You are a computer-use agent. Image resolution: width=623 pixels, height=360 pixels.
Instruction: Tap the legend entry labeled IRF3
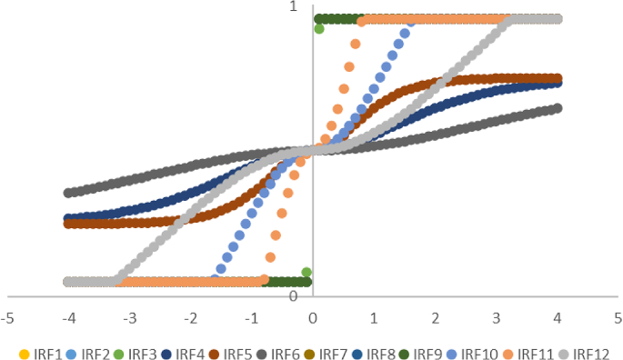[x=137, y=354]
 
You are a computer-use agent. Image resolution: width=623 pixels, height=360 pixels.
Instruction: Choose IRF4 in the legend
[x=185, y=354]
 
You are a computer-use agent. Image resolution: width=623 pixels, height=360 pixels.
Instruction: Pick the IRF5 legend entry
[x=232, y=354]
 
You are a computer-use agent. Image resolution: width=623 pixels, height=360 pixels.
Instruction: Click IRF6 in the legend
[x=279, y=354]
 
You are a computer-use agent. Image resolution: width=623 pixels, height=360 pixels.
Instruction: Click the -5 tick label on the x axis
[x=7, y=319]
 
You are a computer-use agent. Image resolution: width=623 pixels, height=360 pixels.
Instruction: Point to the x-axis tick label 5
[x=618, y=319]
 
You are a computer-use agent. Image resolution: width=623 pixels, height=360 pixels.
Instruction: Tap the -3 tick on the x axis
[x=129, y=319]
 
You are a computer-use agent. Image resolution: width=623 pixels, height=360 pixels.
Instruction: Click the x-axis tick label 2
[x=435, y=319]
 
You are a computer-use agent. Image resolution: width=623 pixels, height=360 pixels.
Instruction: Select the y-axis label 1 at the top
[x=293, y=7]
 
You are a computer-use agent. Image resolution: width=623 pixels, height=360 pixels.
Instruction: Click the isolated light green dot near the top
[x=319, y=29]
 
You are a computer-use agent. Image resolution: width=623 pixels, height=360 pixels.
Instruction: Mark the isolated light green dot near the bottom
[x=307, y=272]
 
